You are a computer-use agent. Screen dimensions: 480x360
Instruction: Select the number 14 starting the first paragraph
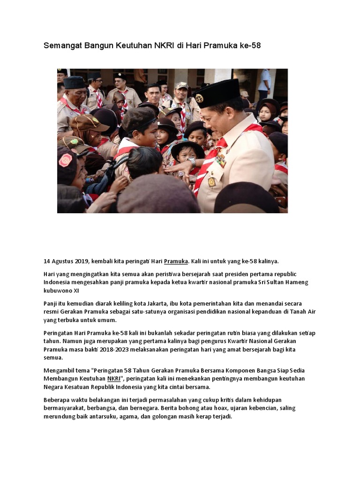pyautogui.click(x=47, y=261)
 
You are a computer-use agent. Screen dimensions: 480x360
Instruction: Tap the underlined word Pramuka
pyautogui.click(x=176, y=261)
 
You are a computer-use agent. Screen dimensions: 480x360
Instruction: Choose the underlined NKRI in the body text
pyautogui.click(x=114, y=379)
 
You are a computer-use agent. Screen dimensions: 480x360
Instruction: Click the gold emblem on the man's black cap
pyautogui.click(x=199, y=97)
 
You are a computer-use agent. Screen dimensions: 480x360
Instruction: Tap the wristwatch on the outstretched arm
pyautogui.click(x=191, y=162)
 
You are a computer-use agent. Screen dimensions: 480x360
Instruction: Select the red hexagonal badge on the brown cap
pyautogui.click(x=66, y=160)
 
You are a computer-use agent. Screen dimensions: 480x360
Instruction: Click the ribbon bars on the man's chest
pyautogui.click(x=220, y=161)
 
